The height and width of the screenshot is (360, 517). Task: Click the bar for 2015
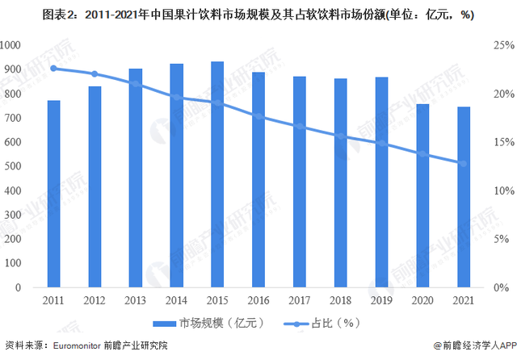[x=217, y=174]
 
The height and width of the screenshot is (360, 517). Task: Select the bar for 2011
[x=53, y=194]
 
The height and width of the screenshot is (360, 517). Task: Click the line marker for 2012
[x=95, y=73]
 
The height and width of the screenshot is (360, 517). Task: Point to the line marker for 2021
[x=464, y=163]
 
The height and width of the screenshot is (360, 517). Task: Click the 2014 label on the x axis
[x=176, y=299]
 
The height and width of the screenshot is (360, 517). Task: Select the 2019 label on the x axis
[x=381, y=299]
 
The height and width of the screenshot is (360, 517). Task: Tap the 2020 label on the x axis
[x=422, y=299]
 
